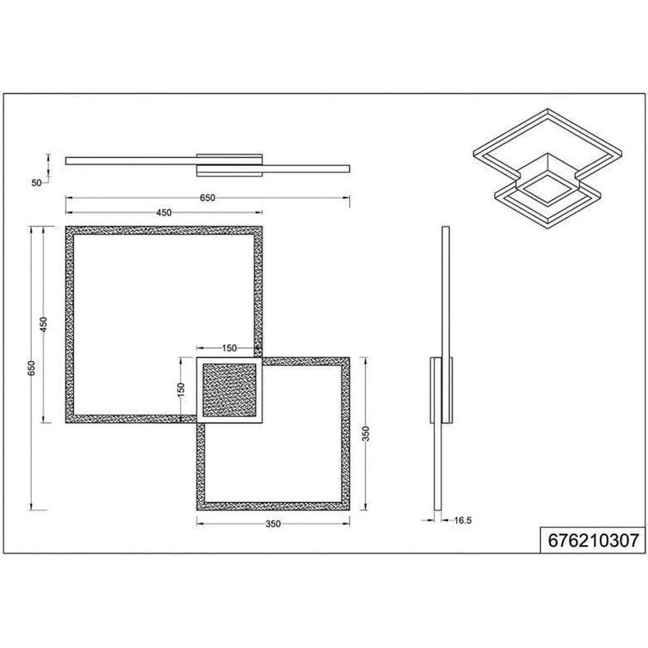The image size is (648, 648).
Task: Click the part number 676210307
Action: coord(593,540)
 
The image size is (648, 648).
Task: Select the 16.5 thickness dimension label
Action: coord(463,521)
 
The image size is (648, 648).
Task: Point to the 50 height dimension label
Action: coord(36,183)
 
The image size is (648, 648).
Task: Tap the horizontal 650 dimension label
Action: coord(207,198)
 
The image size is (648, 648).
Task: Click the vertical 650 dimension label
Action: coord(32,369)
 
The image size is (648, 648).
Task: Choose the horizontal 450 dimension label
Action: coord(164,213)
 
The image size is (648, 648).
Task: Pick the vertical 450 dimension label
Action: coord(44,325)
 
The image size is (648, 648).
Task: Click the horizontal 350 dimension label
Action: coord(273,524)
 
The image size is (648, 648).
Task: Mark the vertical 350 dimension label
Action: coord(366,434)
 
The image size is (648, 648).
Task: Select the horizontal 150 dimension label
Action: coord(229,348)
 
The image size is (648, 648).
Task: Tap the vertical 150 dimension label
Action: coord(181,390)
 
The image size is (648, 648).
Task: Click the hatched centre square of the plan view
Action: coord(229,390)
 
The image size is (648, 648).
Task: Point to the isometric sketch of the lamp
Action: coord(548,168)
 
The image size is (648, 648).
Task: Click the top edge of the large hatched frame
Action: coord(164,230)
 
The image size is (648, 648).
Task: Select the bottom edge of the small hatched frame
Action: coord(273,506)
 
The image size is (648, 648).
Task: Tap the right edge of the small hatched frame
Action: coord(346,434)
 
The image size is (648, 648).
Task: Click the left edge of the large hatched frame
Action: coord(70,325)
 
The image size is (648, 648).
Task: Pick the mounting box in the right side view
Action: coord(441,390)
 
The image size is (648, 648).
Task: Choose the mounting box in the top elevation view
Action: coord(229,165)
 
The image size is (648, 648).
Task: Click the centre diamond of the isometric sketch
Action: coord(548,189)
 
